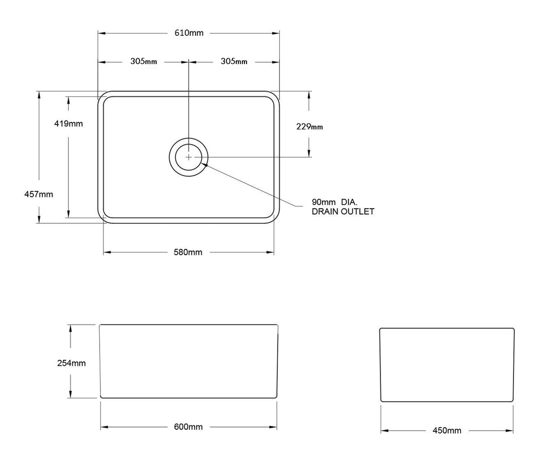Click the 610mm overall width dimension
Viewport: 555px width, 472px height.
tap(189, 33)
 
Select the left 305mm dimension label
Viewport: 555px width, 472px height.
tap(143, 61)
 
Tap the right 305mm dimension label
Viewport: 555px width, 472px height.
tap(234, 61)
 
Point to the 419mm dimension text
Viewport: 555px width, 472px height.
tap(68, 124)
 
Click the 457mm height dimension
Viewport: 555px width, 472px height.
tap(38, 194)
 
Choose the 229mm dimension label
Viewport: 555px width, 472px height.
tap(309, 126)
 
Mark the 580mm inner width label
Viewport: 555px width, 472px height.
tap(188, 253)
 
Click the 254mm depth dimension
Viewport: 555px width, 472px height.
tap(72, 363)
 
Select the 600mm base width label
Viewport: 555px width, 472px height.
tap(188, 426)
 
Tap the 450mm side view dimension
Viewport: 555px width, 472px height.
tap(447, 431)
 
